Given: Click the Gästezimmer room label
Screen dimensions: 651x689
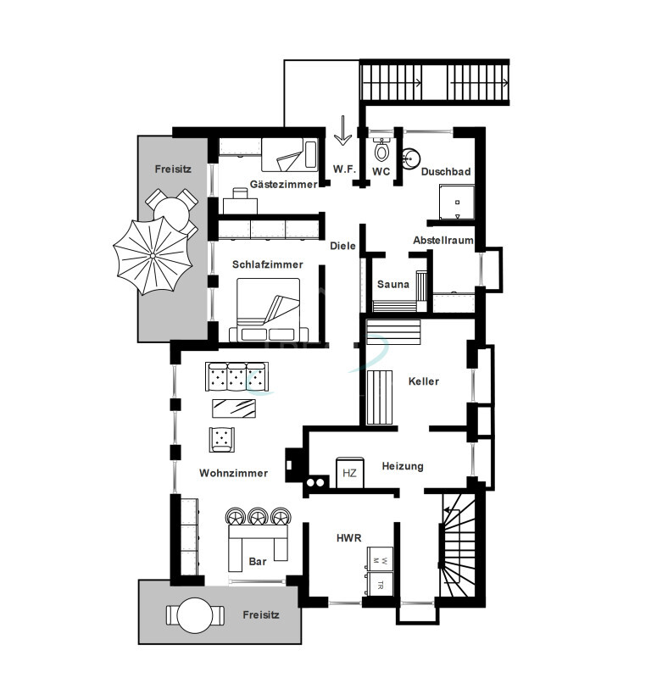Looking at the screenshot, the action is [283, 184].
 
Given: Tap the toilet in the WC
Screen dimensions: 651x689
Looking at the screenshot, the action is [381, 149].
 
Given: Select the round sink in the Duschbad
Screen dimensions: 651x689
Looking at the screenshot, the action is [411, 158].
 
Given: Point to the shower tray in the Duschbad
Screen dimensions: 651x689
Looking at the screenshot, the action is [457, 203].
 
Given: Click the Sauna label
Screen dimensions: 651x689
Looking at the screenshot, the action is [393, 284].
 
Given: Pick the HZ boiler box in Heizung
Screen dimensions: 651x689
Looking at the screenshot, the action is [350, 472].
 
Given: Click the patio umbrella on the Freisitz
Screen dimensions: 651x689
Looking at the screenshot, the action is [153, 255].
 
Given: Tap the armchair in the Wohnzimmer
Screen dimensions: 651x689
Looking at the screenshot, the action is [221, 439].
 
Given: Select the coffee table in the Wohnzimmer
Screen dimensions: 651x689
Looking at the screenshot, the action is [234, 408].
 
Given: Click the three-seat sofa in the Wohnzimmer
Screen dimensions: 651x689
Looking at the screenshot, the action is [237, 376].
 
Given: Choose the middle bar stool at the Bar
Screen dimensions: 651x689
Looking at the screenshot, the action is [258, 516].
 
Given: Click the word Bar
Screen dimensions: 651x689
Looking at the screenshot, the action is [258, 561].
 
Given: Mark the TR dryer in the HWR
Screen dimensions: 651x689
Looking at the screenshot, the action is [381, 585].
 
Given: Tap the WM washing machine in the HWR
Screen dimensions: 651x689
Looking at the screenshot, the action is [381, 559].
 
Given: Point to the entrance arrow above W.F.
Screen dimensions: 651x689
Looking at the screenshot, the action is [342, 130].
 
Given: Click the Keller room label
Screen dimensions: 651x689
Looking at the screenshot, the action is [424, 381].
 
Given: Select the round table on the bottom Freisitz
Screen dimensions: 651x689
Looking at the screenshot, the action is [195, 615].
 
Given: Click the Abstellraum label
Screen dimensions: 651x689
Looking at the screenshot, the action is [443, 241].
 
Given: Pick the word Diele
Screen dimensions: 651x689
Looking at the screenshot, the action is [342, 246].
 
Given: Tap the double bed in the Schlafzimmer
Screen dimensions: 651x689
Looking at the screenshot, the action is [268, 309].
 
